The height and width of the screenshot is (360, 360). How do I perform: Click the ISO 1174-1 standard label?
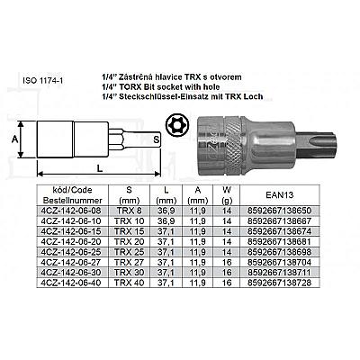pyautogui.click(x=43, y=81)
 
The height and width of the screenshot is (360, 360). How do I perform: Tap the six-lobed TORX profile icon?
pyautogui.click(x=175, y=124)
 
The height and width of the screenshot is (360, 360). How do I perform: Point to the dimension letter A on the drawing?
pyautogui.click(x=14, y=139)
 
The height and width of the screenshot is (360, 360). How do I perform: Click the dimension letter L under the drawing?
pyautogui.click(x=100, y=168)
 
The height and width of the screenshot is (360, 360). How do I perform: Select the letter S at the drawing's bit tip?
pyautogui.click(x=156, y=139)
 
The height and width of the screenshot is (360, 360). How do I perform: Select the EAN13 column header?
pyautogui.click(x=280, y=195)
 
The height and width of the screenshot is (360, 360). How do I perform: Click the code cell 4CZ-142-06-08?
pyautogui.click(x=72, y=211)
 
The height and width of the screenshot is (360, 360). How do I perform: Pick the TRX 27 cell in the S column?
pyautogui.click(x=129, y=262)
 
